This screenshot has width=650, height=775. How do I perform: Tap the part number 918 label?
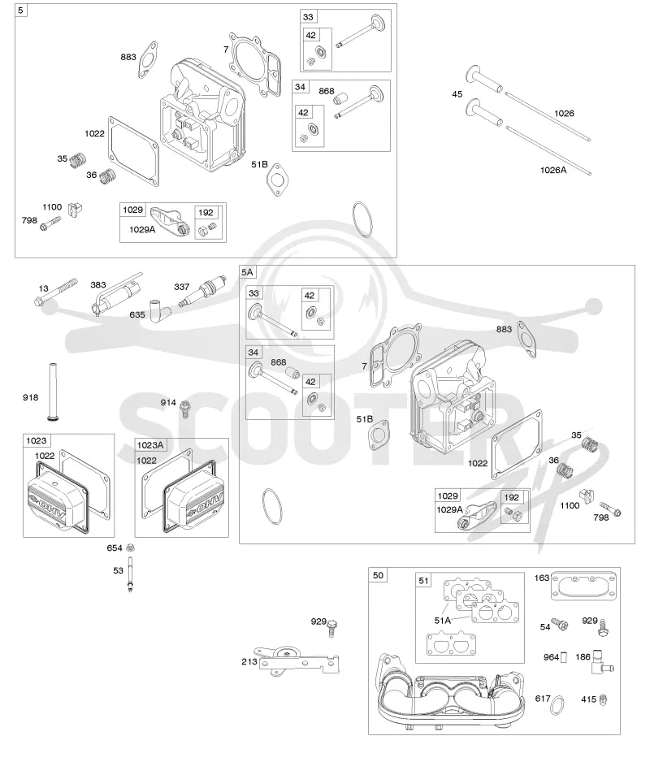(30, 397)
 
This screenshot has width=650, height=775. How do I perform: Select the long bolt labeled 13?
(56, 291)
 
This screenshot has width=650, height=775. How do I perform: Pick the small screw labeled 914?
(185, 409)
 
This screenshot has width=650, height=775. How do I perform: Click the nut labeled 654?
(131, 548)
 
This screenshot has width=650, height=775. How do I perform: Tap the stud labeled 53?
(130, 574)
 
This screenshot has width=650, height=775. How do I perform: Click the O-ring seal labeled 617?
(558, 705)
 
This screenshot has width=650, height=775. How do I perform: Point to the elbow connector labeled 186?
(602, 662)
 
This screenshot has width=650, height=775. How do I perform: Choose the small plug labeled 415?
(602, 699)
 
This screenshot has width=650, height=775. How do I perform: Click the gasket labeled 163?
(583, 587)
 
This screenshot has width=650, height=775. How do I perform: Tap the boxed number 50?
(378, 575)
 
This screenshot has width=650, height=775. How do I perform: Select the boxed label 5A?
(247, 272)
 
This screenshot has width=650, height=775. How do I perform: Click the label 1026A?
(553, 170)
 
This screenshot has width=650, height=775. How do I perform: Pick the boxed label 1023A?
(150, 445)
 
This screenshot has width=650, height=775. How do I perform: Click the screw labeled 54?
(560, 624)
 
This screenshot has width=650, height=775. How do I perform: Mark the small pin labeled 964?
(565, 657)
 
